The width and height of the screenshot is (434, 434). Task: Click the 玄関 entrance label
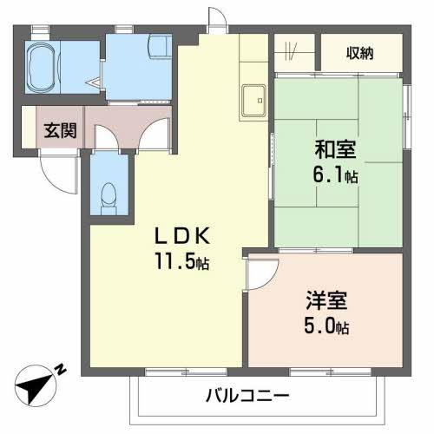point(60,130)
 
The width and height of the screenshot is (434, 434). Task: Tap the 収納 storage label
point(360,53)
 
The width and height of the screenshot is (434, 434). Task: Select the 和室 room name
point(335,149)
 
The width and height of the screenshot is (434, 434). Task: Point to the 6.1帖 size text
point(335,174)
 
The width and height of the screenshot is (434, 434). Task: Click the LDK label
point(182,235)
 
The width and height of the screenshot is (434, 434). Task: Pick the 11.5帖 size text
point(182,261)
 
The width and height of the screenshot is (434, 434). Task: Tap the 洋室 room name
point(326,300)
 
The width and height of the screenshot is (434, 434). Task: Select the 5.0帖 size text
point(326,325)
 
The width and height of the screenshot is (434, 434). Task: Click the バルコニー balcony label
point(247,395)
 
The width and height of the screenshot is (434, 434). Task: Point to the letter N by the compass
point(61,369)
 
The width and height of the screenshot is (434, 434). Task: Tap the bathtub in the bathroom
point(41,67)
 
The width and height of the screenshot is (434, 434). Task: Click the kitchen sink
point(253,101)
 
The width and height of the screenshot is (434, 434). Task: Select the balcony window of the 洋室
point(330,372)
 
